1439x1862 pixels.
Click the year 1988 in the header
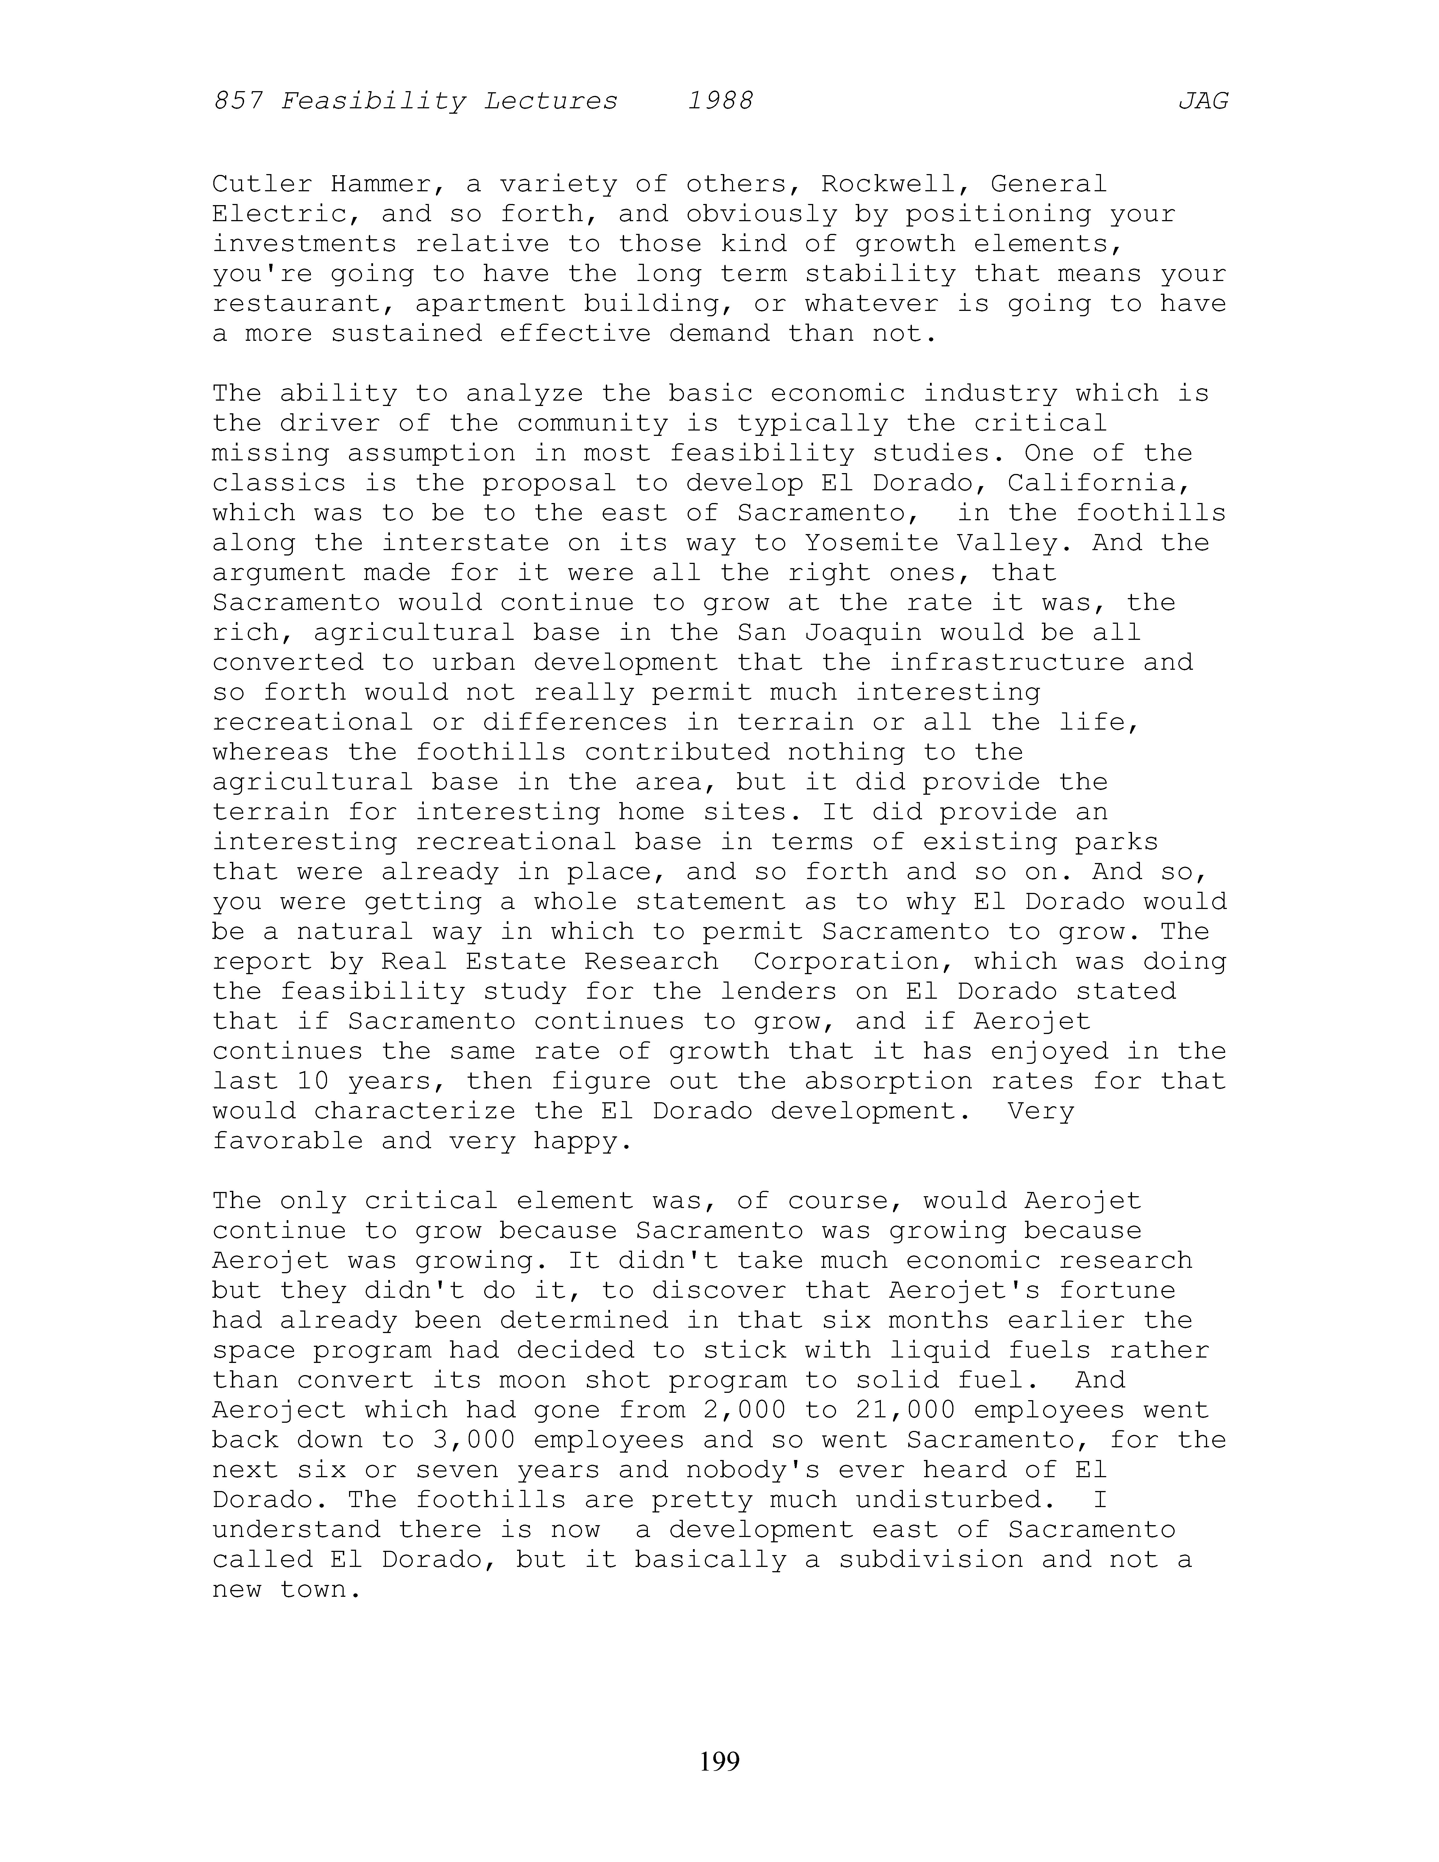point(720,102)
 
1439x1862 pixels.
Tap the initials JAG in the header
point(1203,102)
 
